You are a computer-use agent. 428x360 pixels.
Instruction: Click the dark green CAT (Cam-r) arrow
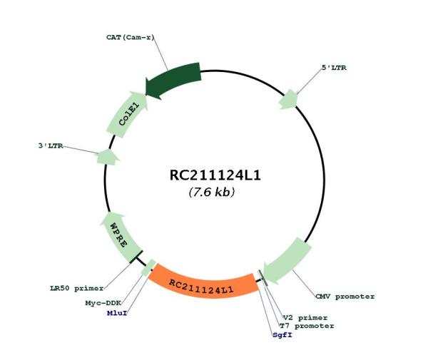click(x=175, y=81)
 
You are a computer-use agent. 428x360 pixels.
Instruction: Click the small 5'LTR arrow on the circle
click(x=288, y=100)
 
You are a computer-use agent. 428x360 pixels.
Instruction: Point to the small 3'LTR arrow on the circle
click(x=108, y=158)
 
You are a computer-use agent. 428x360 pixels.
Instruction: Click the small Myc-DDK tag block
click(x=148, y=267)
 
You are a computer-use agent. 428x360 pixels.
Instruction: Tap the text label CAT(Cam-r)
click(x=131, y=37)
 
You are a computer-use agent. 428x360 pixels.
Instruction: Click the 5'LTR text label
click(x=334, y=68)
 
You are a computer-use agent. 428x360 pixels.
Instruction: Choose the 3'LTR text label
click(x=51, y=146)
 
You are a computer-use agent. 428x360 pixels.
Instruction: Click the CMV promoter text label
click(x=345, y=297)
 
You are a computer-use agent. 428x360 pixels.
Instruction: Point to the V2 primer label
click(x=305, y=318)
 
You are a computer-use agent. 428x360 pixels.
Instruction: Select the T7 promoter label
click(x=307, y=326)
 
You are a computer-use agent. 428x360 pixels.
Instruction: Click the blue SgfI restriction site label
click(x=282, y=334)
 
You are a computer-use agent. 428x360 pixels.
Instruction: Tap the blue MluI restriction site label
click(x=117, y=313)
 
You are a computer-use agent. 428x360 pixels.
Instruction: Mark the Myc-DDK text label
click(x=103, y=303)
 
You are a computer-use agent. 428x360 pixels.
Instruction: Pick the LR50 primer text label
click(x=77, y=288)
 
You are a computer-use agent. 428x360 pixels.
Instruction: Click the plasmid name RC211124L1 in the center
click(x=215, y=175)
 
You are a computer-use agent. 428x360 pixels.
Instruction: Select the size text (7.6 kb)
click(x=212, y=192)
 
